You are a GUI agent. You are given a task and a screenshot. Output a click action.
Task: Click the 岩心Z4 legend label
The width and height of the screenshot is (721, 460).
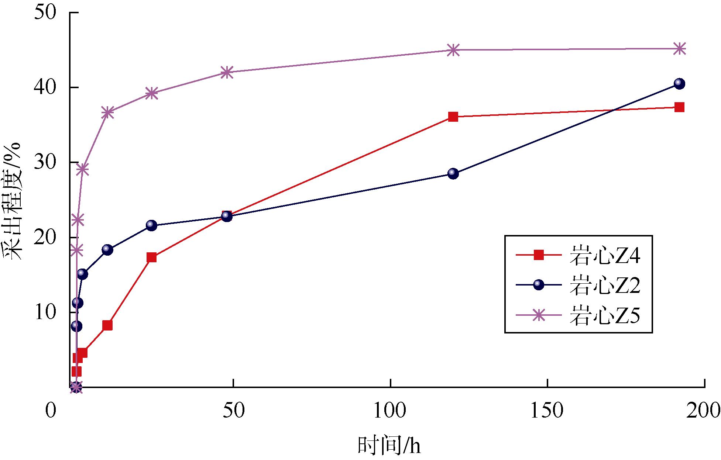(604, 255)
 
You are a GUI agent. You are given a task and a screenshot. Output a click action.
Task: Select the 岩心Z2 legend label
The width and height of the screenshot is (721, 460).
(604, 285)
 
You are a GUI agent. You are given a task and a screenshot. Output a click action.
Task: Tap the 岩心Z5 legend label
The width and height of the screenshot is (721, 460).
(604, 315)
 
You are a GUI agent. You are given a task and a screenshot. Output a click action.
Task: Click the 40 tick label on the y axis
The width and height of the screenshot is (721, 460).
(45, 87)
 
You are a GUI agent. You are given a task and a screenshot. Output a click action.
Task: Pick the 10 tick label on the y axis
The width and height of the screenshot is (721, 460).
(45, 312)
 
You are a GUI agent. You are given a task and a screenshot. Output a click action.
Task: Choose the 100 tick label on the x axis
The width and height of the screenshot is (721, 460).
(390, 410)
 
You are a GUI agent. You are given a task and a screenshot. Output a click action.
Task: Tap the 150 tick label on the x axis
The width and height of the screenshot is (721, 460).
(547, 410)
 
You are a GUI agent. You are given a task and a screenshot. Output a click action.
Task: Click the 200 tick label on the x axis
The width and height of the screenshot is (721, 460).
(703, 410)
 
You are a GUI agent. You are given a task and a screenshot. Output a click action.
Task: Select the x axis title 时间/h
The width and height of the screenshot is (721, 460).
(389, 445)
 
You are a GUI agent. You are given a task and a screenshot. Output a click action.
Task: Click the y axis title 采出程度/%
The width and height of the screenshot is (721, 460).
(13, 201)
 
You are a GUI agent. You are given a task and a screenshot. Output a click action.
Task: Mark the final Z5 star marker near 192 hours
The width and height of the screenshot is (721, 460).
(679, 49)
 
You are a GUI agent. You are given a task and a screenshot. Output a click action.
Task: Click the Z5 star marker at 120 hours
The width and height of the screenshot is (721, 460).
(453, 50)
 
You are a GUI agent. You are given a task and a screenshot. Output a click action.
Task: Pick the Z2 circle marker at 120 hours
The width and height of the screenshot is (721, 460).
(453, 173)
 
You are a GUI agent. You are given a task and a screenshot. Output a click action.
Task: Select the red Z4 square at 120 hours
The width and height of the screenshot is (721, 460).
(453, 117)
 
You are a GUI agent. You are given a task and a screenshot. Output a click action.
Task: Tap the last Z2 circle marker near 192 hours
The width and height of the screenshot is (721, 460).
(679, 84)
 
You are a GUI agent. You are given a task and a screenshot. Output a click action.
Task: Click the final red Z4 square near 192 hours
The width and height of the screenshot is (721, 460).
(679, 107)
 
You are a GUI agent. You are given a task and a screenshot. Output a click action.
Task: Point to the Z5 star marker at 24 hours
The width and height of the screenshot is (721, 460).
(152, 93)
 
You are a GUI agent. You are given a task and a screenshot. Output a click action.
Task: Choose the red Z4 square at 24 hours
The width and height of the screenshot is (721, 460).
(151, 257)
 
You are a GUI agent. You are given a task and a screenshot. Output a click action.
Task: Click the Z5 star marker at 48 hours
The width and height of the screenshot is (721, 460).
(227, 72)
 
